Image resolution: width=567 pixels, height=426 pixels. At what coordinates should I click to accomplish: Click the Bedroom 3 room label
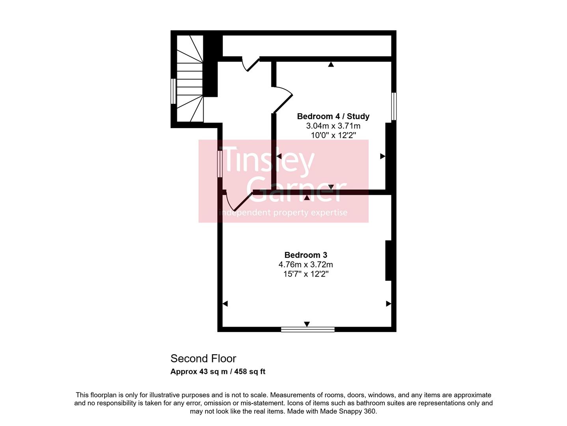[x=306, y=255]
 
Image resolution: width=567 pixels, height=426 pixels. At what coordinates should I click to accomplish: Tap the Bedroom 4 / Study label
[x=333, y=116]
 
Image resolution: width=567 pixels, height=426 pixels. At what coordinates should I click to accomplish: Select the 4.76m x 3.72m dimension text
[x=306, y=265]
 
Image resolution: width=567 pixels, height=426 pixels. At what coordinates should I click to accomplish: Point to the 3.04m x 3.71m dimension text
[x=333, y=126]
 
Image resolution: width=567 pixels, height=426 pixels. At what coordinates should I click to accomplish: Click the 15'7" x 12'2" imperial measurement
[x=306, y=274]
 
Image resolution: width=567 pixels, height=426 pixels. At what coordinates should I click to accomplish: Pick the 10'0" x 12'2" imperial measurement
[x=333, y=135]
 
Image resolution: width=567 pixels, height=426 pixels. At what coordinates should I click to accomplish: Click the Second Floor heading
[x=203, y=359]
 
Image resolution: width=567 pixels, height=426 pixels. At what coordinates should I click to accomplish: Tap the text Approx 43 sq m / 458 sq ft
[x=218, y=372]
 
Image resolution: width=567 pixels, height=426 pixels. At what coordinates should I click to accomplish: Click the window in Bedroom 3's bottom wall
[x=308, y=329]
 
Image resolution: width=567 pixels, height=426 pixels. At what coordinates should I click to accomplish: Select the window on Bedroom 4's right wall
[x=394, y=106]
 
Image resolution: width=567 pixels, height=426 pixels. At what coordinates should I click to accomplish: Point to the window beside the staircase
[x=173, y=91]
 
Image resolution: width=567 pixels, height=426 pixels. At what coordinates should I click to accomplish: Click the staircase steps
[x=189, y=79]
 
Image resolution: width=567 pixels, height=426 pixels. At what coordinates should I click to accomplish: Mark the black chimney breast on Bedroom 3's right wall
[x=388, y=260]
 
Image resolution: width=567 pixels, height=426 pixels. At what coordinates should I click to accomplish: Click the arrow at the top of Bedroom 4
[x=331, y=64]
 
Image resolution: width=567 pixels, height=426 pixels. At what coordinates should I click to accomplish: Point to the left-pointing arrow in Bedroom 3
[x=225, y=304]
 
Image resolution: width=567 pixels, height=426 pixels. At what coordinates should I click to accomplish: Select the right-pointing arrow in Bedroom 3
[x=388, y=304]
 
